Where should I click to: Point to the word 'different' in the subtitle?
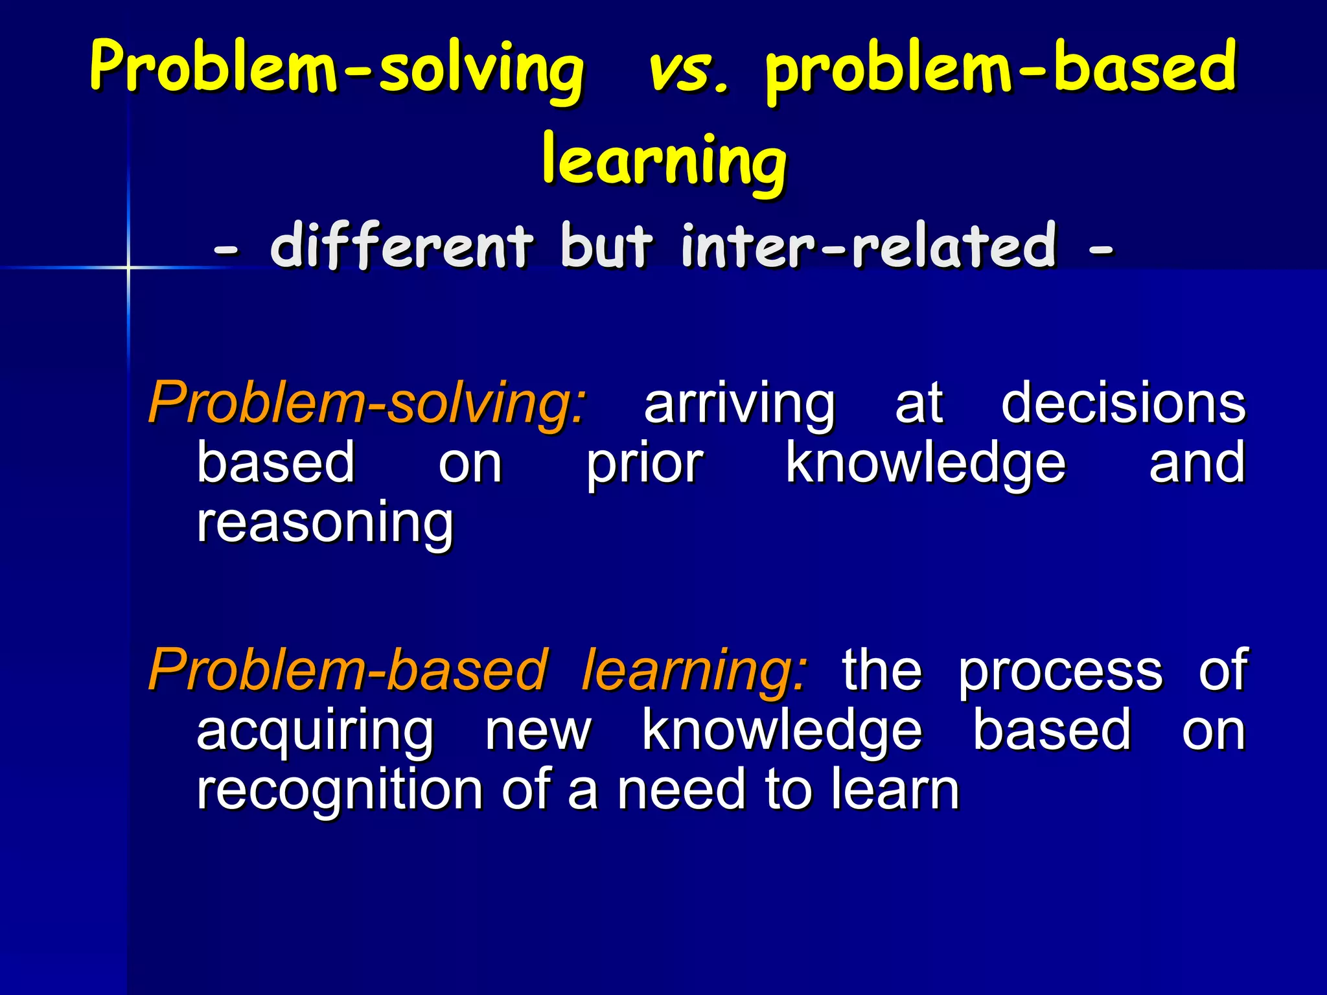[402, 246]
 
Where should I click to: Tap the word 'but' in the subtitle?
[606, 246]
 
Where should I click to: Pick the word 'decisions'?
[1123, 404]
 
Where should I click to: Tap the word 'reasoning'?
[325, 524]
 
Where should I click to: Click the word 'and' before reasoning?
[1196, 463]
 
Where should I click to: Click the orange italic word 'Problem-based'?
[348, 671]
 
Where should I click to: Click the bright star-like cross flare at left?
[128, 267]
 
